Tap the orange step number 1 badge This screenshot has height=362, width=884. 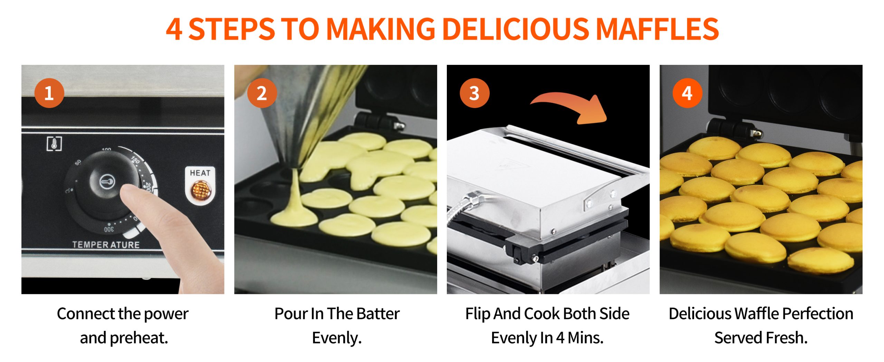[x=49, y=93]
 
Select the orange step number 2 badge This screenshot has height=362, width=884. [x=262, y=93]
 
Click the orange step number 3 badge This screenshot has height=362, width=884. [x=474, y=93]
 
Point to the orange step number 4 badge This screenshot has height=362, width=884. [x=687, y=93]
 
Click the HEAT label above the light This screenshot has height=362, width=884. [x=200, y=173]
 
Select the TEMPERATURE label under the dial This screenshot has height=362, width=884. [x=106, y=245]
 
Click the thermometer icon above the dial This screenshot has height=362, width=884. [x=54, y=144]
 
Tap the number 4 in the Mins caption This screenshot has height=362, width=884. [x=560, y=338]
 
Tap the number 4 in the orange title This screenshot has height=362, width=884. [x=174, y=29]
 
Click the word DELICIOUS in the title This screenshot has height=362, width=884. [x=516, y=29]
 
